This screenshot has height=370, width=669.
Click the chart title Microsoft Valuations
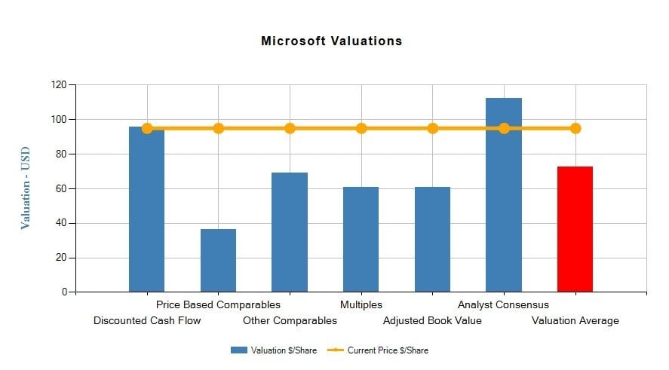(x=331, y=41)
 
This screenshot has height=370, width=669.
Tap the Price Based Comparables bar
(x=218, y=260)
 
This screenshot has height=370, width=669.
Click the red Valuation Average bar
(x=575, y=229)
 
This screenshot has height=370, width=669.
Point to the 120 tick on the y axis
(x=58, y=84)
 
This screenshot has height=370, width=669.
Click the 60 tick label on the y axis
(x=61, y=188)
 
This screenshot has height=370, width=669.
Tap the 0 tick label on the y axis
(x=64, y=292)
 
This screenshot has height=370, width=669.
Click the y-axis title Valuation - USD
(x=26, y=188)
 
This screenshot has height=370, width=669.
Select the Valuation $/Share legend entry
(x=275, y=350)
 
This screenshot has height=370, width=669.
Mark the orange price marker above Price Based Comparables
(x=218, y=128)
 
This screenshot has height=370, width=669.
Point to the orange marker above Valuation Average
(x=575, y=128)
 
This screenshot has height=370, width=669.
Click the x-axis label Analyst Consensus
(x=503, y=305)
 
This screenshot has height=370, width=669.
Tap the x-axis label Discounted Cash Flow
(x=147, y=321)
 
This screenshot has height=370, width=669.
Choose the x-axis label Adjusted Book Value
(x=432, y=321)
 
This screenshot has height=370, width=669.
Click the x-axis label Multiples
(x=361, y=305)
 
